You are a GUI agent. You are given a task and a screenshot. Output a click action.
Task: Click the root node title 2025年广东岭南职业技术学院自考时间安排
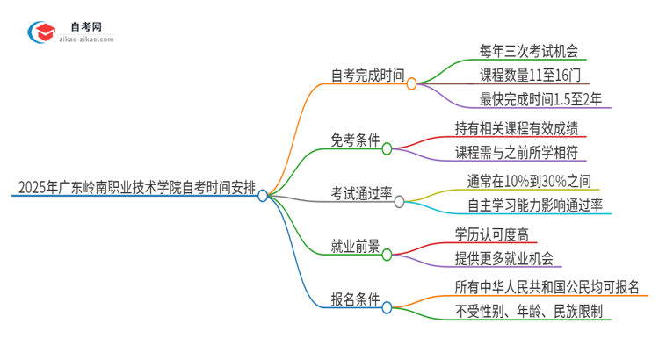tap(134, 187)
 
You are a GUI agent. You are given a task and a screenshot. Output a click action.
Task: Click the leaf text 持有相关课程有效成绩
tap(516, 128)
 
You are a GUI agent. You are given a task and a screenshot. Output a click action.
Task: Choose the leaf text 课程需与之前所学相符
tap(517, 152)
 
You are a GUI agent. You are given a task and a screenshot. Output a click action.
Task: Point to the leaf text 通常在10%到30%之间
tap(522, 182)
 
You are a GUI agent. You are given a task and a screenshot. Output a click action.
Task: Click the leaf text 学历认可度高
tap(492, 234)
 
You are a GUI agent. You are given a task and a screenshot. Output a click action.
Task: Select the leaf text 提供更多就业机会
tap(504, 258)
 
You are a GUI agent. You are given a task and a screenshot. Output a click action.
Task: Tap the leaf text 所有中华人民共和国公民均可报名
tap(546, 288)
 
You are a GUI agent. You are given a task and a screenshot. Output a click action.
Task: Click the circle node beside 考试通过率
tap(399, 202)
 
